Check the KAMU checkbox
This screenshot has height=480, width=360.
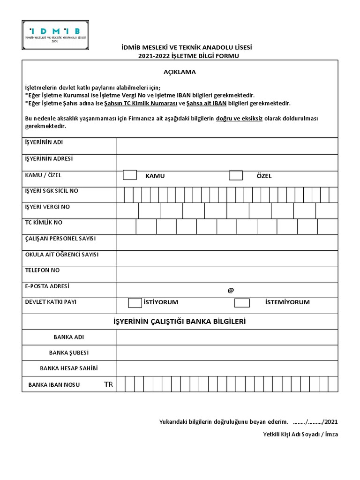click(130, 175)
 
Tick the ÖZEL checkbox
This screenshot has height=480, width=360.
click(236, 175)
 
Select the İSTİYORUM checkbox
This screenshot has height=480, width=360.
click(135, 302)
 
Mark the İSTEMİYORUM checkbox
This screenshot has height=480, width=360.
click(242, 302)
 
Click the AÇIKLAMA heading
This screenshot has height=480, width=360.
click(180, 72)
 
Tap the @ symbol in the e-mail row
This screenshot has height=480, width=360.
click(230, 291)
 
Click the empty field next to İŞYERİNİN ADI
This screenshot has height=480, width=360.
click(227, 146)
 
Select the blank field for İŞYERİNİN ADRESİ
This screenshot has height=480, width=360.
click(227, 162)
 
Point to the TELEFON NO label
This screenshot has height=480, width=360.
click(42, 270)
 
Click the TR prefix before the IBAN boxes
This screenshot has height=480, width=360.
click(108, 384)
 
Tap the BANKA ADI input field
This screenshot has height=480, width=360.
click(227, 337)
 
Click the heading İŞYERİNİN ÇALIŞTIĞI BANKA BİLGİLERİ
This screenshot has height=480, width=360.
click(180, 322)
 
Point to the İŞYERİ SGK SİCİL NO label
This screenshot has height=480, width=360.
click(52, 191)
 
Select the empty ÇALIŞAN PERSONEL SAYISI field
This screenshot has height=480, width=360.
click(227, 242)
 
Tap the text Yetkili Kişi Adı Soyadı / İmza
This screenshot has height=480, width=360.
click(300, 434)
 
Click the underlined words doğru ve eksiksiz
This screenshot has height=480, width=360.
click(239, 119)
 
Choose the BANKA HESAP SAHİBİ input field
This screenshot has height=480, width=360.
click(227, 368)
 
